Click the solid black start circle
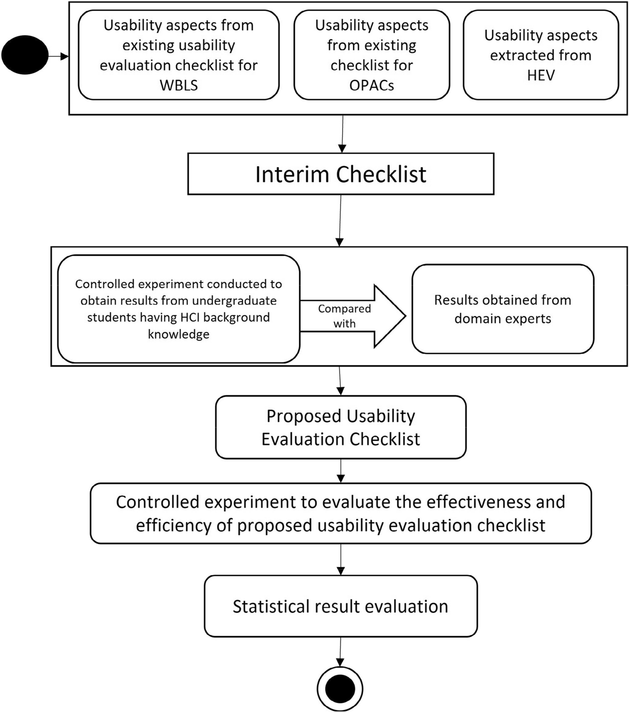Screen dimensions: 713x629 25,55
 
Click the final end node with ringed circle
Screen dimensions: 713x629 340,689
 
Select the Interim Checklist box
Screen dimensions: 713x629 341,174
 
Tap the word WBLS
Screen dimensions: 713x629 179,85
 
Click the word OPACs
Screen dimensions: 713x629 371,85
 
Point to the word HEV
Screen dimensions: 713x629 541,75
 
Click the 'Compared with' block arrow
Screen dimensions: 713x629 351,316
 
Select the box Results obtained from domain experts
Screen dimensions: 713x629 502,309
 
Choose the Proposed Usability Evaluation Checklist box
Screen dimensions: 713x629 341,427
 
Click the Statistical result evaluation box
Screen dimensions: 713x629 341,606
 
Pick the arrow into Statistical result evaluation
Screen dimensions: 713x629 341,559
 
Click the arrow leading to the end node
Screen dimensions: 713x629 340,652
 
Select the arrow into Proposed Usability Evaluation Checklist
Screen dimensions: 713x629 340,381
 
